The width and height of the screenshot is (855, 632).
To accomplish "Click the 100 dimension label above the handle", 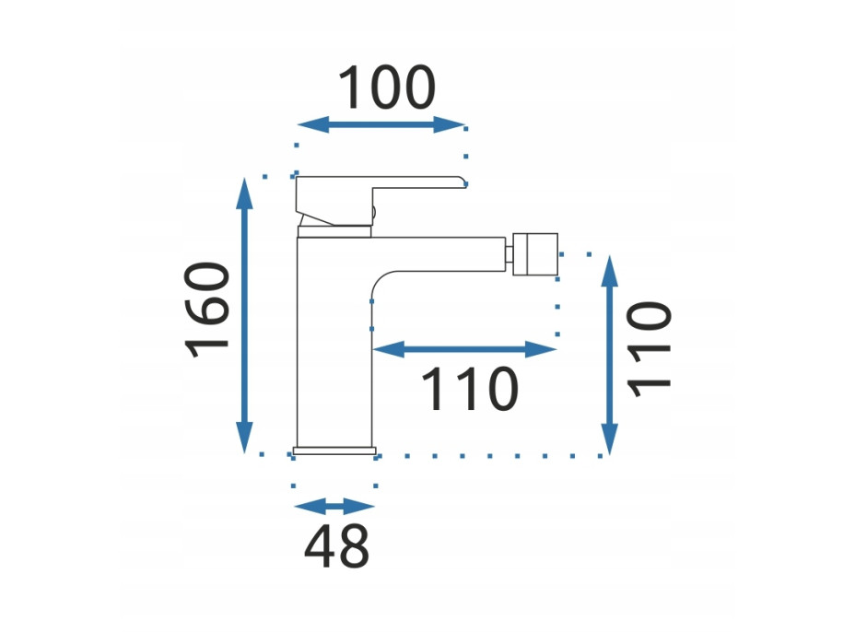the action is click(x=387, y=88).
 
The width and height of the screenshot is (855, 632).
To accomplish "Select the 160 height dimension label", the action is click(x=207, y=310).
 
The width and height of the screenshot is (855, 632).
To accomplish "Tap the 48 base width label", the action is click(x=336, y=545).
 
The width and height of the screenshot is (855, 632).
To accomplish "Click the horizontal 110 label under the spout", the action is click(x=470, y=389).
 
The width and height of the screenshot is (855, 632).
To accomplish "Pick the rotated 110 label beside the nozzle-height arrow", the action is click(x=649, y=349).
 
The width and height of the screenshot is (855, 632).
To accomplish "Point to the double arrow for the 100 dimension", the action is click(x=381, y=124).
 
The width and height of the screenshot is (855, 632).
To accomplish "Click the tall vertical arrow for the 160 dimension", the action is click(x=244, y=315).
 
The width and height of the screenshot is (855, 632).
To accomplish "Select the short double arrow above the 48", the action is click(x=334, y=506).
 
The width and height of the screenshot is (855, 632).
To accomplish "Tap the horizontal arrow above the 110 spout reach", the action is click(x=464, y=349).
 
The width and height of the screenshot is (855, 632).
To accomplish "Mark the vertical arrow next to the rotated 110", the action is click(x=609, y=355).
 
